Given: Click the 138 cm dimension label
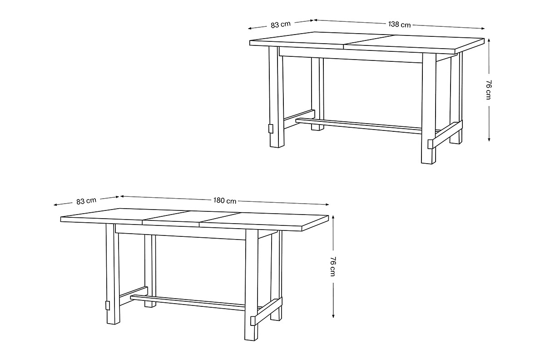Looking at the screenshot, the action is [x=399, y=25].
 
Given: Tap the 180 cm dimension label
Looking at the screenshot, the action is [x=225, y=201].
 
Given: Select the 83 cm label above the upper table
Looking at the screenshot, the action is [x=281, y=25].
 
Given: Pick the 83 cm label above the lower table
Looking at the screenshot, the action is [x=86, y=201].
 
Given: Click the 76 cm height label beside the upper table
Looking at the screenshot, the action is [x=489, y=90].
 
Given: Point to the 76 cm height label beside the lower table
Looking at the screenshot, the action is [x=333, y=266].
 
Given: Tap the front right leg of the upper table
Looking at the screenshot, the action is [x=428, y=108].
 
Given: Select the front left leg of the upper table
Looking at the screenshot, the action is [x=277, y=97].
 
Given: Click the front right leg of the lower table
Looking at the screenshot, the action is [x=251, y=285].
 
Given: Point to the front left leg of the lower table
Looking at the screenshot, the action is [x=113, y=274].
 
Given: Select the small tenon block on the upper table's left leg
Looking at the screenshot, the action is [x=271, y=129].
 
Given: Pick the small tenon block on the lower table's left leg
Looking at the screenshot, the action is [x=107, y=305].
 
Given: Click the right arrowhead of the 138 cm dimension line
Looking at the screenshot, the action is [x=482, y=29].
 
